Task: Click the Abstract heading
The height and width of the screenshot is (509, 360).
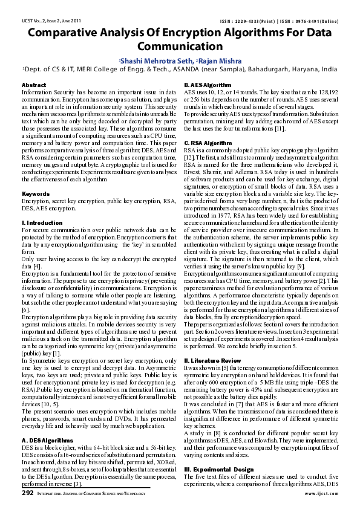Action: [x=34, y=85]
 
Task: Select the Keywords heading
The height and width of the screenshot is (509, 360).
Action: [x=36, y=193]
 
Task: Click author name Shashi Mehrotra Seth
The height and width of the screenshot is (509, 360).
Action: [x=155, y=60]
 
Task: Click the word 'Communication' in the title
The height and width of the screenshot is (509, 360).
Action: [x=180, y=47]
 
